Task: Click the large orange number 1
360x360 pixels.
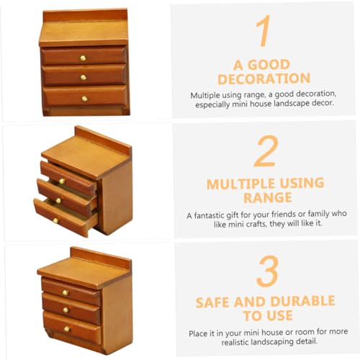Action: (x=264, y=31)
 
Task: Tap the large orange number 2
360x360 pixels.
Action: (x=266, y=151)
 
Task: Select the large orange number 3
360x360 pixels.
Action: (x=268, y=271)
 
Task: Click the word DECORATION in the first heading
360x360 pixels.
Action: (x=264, y=78)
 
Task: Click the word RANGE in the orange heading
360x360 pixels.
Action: (x=268, y=198)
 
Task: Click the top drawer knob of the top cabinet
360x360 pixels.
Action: (x=83, y=58)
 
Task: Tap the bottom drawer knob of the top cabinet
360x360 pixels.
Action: (x=84, y=99)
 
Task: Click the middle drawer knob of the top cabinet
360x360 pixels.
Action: (x=84, y=78)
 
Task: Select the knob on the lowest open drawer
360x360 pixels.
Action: (x=55, y=220)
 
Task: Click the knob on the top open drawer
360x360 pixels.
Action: (x=62, y=181)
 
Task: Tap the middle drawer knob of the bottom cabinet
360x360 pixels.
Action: (x=66, y=310)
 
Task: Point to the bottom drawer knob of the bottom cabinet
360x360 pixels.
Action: (x=67, y=329)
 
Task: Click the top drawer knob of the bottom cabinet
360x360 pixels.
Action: (x=66, y=292)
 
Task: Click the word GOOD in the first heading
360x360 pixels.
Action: (x=269, y=65)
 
